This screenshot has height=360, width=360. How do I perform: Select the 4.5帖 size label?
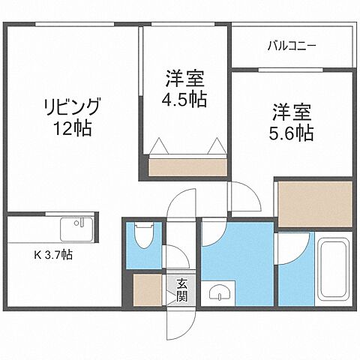coord(185,98)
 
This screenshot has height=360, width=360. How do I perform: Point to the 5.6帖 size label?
coord(292,134)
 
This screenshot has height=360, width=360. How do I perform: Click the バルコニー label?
coord(292,46)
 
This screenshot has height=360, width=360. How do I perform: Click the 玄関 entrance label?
coord(182,289)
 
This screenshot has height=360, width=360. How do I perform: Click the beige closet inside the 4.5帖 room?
coord(186,164)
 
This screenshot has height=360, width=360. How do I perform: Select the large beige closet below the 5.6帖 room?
coord(313,202)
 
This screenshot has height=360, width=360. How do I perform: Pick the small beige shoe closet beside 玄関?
coord(147,290)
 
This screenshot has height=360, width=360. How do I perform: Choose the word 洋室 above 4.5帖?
coord(185,78)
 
